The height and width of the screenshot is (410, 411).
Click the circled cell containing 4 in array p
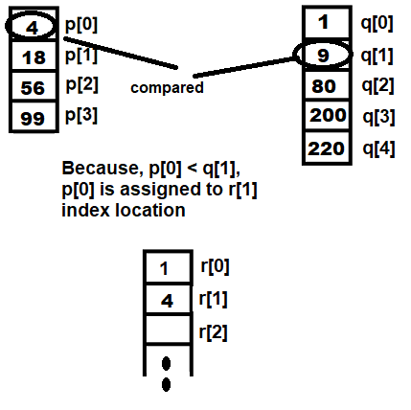[33, 25]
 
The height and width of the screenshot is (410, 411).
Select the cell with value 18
[34, 56]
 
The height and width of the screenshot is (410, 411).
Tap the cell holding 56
[34, 86]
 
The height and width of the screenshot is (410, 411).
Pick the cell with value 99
[34, 116]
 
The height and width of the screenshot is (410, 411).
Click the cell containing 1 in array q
[327, 22]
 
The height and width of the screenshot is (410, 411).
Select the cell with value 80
[327, 85]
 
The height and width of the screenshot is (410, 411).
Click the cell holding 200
[327, 115]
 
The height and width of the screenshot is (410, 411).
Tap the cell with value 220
[327, 148]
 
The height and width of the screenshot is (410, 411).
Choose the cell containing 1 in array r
[168, 267]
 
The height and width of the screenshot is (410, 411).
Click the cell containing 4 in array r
[168, 300]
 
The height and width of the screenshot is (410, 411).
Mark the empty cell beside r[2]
[168, 330]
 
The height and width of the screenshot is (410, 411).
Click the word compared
[167, 88]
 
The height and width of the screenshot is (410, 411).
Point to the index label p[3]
[81, 115]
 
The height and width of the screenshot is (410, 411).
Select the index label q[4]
[378, 148]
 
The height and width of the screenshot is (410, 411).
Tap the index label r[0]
[215, 266]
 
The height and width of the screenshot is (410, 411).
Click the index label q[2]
[377, 86]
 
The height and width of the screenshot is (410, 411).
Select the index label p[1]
[81, 56]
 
